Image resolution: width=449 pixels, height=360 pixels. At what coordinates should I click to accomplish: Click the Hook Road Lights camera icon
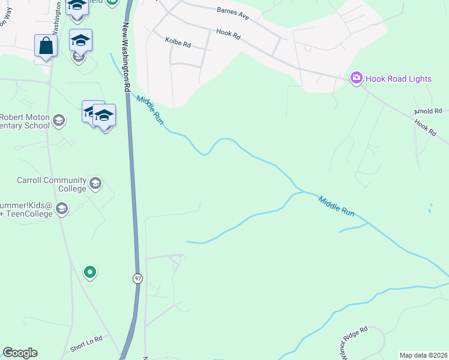pos(357,77)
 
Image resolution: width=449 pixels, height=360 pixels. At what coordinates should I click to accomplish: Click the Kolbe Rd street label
pos(177,44)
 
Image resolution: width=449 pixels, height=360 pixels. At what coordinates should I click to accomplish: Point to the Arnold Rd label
pos(428,112)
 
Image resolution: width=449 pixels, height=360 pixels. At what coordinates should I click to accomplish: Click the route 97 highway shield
pos(138,278)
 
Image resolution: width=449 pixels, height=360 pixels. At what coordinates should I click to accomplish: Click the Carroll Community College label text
pos(51,184)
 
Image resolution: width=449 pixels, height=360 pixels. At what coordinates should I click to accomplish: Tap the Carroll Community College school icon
pos(95,183)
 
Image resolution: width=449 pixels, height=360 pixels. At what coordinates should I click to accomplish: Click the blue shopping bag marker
pos(46,46)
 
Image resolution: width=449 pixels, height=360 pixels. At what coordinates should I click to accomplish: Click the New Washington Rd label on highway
pos(127,58)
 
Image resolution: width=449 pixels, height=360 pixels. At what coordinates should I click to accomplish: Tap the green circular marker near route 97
pos(89,272)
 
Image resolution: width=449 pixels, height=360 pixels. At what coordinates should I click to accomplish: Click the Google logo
pos(20,353)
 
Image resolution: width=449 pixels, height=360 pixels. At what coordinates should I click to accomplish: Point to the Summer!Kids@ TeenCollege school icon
pos(61,208)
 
